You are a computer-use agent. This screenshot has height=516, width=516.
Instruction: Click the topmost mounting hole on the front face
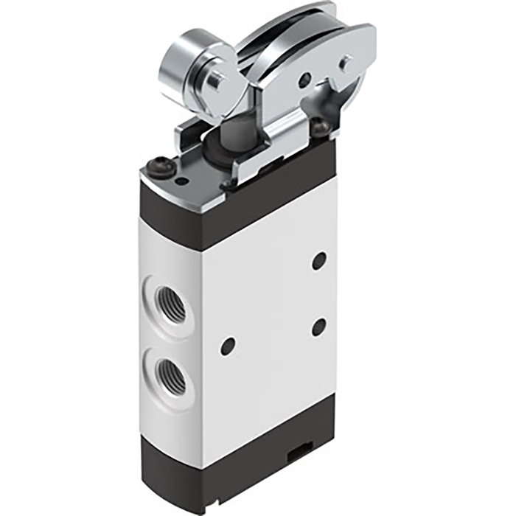pos(319,260)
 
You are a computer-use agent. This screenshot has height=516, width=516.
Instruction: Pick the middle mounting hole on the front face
pos(318,326)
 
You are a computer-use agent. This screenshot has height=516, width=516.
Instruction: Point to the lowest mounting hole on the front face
pos(228,346)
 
